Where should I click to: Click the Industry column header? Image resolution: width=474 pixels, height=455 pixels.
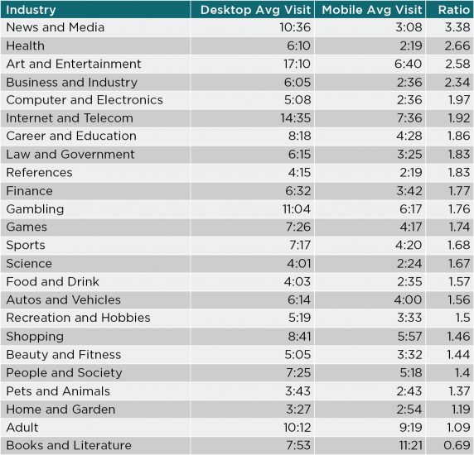coord(31,10)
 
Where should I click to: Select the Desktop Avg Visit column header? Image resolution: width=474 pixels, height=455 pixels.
coord(255,10)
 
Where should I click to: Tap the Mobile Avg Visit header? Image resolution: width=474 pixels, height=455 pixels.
coord(372,10)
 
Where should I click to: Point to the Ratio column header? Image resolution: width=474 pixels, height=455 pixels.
coord(454,10)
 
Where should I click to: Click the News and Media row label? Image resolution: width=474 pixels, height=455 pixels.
coord(56,27)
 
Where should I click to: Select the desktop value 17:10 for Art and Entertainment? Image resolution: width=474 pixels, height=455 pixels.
coord(297,64)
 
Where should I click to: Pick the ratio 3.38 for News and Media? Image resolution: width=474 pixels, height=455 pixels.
coord(457,27)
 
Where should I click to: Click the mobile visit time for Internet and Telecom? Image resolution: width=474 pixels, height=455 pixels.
coord(409,118)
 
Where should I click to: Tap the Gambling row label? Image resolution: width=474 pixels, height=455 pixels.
coord(35,209)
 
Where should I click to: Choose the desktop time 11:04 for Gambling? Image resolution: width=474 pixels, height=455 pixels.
coord(297,209)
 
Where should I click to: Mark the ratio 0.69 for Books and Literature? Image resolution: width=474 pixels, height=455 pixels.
coord(457,445)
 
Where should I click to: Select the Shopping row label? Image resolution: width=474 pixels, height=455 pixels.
coord(35,337)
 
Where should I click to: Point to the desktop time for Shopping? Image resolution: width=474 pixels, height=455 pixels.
coord(299,337)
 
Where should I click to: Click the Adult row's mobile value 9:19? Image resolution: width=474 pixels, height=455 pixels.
coord(411,428)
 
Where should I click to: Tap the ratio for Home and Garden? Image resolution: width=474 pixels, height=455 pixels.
coord(459,409)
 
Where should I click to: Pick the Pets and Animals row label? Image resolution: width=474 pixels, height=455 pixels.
coord(58,391)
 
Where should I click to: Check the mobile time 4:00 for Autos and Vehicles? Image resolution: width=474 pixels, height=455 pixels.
coord(408,300)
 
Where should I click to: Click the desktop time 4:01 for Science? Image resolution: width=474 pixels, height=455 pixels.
coord(298,264)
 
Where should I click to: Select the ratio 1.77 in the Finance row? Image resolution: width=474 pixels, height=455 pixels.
coord(459,191)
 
